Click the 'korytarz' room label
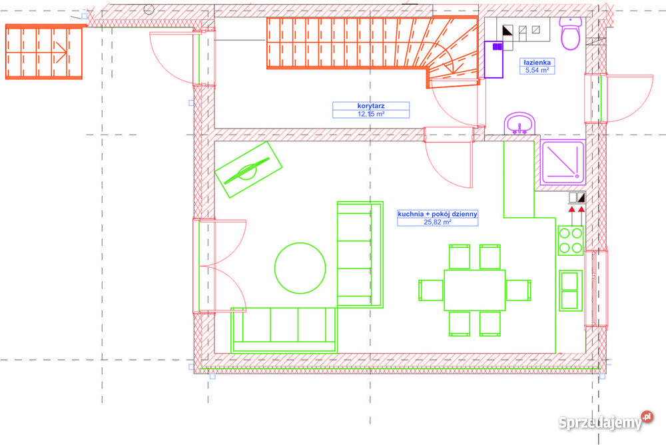pos(371,106)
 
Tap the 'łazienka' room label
pos(537,63)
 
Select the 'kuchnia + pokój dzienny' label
pos(438,214)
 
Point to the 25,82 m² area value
pos(438,222)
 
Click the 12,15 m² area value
pos(371,114)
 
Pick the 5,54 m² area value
pos(537,71)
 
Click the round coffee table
pos(300,268)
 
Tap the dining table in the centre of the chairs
pos(475,290)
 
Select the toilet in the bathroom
pos(571,33)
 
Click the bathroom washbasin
pos(519,124)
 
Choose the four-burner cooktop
pos(571,240)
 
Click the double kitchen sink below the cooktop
pos(571,290)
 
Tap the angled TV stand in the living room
pos(248,170)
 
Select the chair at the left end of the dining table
pos(431,290)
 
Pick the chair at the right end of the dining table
pos(519,290)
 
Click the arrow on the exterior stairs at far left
pos(60,53)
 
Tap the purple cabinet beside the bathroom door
pos(494,59)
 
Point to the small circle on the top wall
pos(149,9)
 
